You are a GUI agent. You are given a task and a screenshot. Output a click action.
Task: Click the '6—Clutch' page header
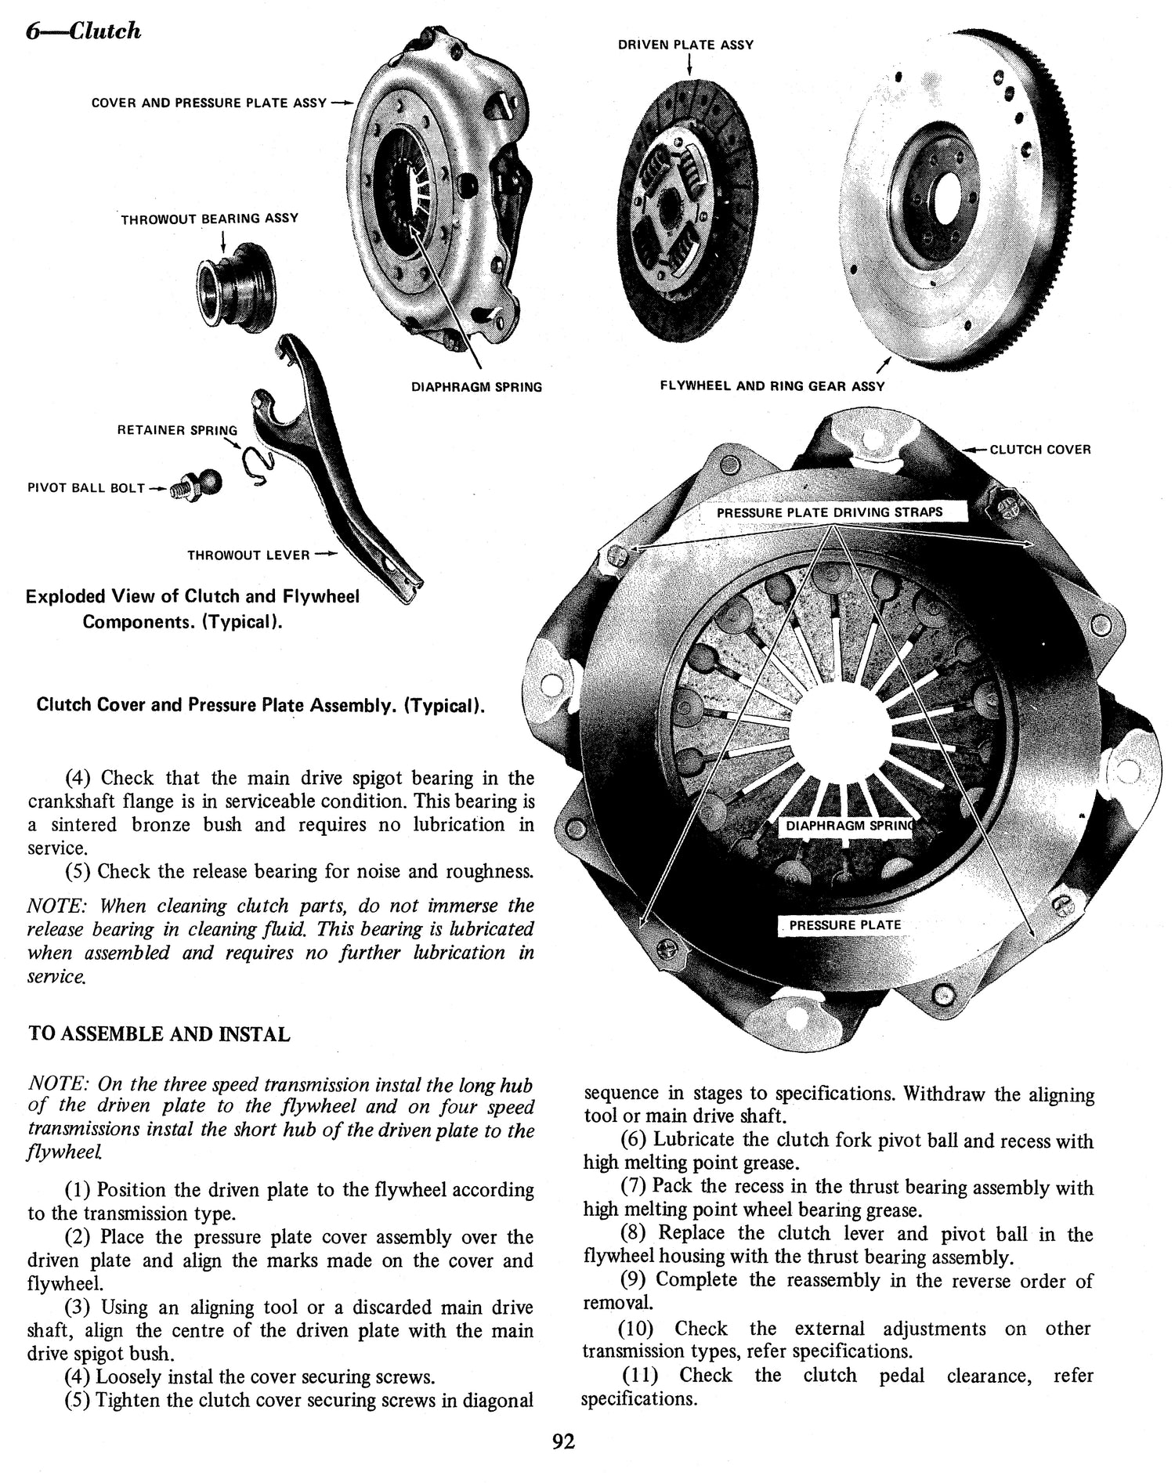click(83, 31)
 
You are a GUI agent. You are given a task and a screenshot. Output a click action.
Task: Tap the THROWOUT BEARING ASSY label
click(209, 218)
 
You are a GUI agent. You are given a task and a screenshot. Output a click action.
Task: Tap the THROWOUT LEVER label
click(248, 555)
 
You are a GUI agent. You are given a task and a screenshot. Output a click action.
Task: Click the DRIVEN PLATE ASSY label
click(685, 45)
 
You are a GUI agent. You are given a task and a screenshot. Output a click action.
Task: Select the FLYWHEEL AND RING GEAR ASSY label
click(772, 386)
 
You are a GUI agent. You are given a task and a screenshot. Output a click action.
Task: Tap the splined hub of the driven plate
click(671, 208)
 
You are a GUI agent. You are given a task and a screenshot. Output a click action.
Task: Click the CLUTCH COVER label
click(1039, 450)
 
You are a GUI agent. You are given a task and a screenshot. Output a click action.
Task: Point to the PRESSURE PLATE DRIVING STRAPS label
click(830, 512)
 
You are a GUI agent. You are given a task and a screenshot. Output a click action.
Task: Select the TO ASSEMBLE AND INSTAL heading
click(159, 1034)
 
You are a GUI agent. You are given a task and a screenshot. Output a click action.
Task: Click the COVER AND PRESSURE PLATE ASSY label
click(209, 103)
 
